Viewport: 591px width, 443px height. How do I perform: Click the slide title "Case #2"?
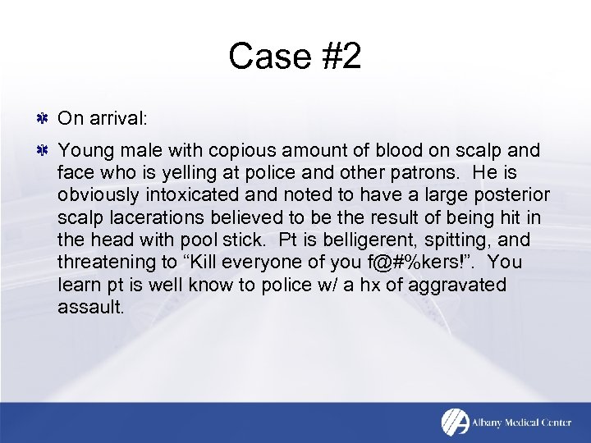pos(295,57)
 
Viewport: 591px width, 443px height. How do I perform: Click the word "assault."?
pos(90,307)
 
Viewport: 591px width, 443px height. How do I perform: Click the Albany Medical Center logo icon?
pos(455,422)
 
